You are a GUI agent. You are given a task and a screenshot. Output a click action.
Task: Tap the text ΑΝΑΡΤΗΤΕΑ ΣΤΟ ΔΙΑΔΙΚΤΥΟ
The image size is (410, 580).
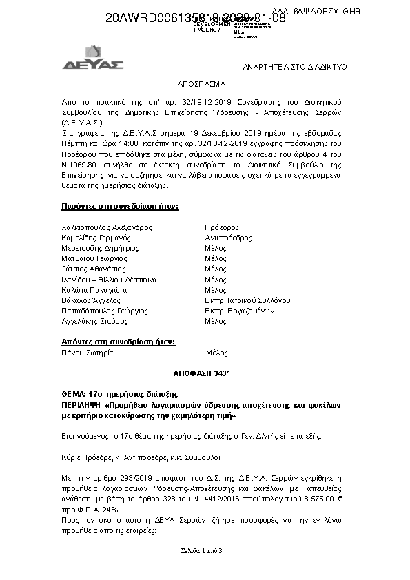click(296, 67)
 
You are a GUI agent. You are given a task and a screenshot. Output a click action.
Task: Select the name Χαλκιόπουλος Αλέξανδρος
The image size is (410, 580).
click(107, 227)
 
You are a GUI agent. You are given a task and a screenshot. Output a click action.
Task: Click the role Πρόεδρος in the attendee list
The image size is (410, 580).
click(222, 227)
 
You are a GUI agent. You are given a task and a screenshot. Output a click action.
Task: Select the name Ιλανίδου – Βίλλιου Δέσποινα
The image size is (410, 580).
click(109, 280)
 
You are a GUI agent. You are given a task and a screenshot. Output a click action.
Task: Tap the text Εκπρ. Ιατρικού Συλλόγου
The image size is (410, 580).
click(247, 300)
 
